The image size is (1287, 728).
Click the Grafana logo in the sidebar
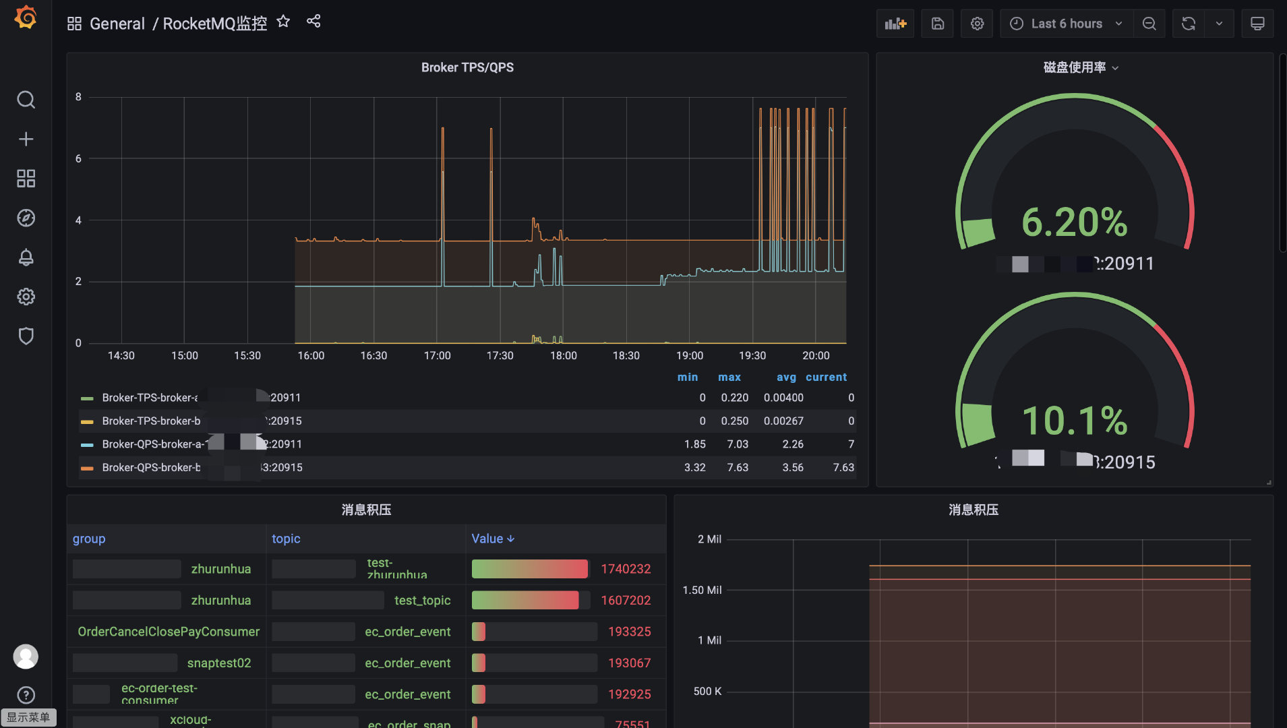[x=26, y=17]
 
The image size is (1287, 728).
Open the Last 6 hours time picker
[x=1066, y=24]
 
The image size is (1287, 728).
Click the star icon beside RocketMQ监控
[x=283, y=22]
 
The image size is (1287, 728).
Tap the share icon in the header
[x=313, y=22]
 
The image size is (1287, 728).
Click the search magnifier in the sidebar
[x=26, y=100]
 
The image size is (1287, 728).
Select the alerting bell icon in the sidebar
[x=26, y=257]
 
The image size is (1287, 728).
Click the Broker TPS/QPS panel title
[x=467, y=67]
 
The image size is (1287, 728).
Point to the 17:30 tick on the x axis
[x=500, y=355]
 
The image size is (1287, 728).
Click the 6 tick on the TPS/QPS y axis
[x=78, y=158]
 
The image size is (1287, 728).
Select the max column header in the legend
[x=729, y=377]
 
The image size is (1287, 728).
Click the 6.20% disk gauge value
[x=1074, y=222]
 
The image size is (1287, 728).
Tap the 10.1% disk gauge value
[x=1074, y=421]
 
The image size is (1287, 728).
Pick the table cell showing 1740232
[x=626, y=569]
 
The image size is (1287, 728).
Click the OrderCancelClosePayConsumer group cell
[x=169, y=632]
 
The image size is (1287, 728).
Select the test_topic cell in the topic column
[x=422, y=601]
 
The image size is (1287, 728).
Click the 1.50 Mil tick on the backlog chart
[x=702, y=590]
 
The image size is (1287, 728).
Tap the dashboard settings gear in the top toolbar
[x=977, y=24]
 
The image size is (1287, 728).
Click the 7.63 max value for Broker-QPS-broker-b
[x=738, y=467]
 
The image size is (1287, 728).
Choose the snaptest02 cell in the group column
[x=219, y=663]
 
